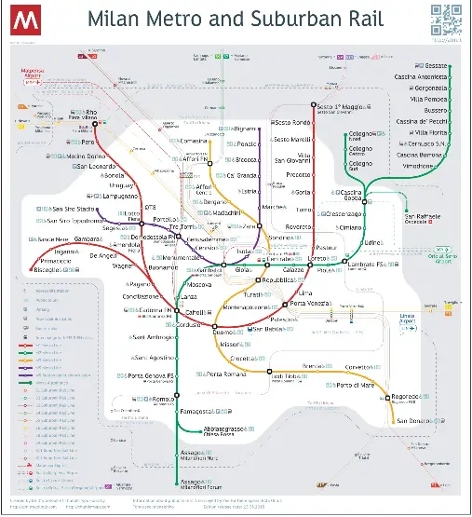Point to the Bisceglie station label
49,270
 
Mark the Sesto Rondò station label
290,123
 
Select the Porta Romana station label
226,374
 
